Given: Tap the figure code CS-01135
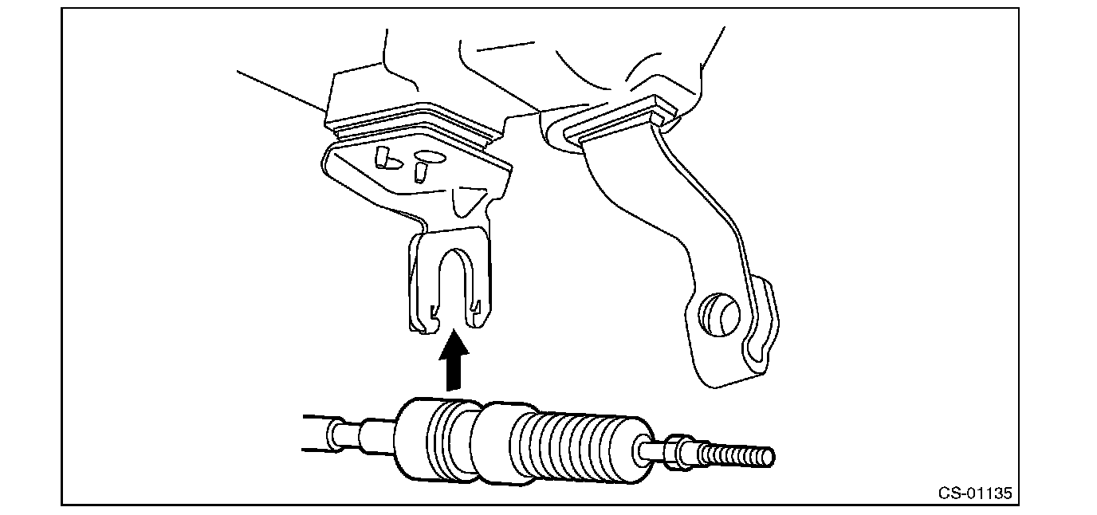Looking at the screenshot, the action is [x=974, y=493].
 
